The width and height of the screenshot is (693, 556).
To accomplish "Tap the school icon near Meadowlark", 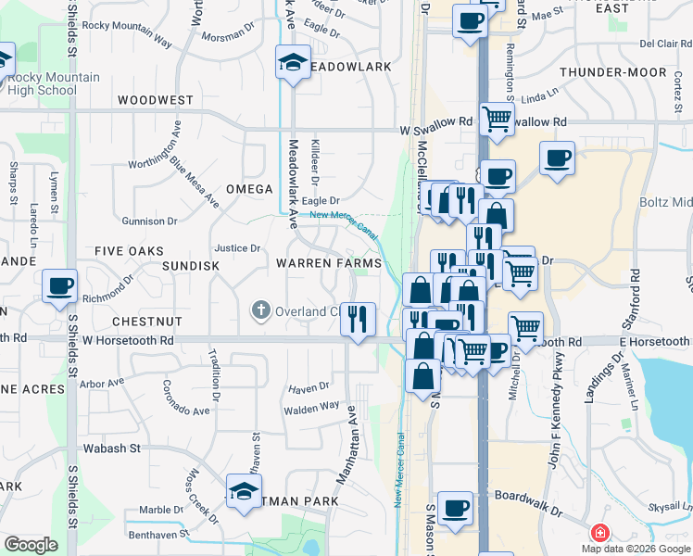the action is [x=294, y=63].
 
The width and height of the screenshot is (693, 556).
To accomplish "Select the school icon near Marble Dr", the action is [x=244, y=491].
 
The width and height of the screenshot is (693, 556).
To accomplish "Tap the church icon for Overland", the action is [x=260, y=310].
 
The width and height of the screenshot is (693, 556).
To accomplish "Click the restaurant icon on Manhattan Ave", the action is [x=358, y=319].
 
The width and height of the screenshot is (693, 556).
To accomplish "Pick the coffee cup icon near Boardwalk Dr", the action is [x=455, y=508].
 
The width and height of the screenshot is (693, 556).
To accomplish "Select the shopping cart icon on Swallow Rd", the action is [x=498, y=118].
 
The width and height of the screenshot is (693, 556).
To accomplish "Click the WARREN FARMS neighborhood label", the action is [x=329, y=263].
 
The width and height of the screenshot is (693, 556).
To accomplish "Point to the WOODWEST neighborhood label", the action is [x=156, y=100].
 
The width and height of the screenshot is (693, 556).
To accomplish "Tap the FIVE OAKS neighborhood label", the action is [x=129, y=251].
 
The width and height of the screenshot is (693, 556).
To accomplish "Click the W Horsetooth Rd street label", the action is [x=128, y=341].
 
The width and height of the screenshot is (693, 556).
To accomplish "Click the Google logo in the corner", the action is [x=31, y=545].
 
